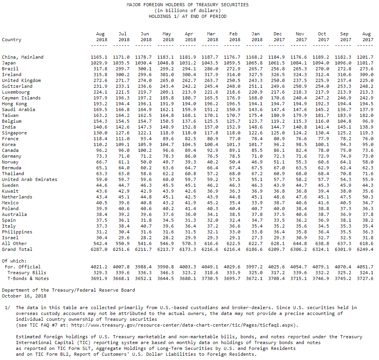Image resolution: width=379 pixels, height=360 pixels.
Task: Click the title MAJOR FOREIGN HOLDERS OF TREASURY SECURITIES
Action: click(x=187, y=5)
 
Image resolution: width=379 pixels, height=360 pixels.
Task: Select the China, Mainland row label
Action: click(x=22, y=57)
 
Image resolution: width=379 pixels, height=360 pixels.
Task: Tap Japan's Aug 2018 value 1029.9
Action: click(x=99, y=63)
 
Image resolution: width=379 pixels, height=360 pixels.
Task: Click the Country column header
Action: click(x=12, y=40)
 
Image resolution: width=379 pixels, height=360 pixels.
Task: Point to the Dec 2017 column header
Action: click(x=278, y=37)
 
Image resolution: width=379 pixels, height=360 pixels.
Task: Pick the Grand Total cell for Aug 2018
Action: click(x=99, y=249)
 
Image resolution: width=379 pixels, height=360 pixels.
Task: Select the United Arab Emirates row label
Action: click(x=29, y=179)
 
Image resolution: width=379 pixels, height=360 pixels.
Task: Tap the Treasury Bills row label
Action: click(x=24, y=273)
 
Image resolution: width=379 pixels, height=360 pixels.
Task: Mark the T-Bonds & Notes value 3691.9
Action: click(x=99, y=278)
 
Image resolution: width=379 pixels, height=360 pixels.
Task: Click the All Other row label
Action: click(x=14, y=243)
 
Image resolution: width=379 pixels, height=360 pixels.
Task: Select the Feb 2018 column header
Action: click(x=234, y=37)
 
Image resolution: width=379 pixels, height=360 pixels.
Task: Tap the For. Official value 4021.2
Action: click(x=99, y=267)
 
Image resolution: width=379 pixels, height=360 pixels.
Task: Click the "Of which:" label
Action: click(x=14, y=261)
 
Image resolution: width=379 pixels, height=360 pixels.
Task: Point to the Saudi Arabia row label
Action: click(x=18, y=110)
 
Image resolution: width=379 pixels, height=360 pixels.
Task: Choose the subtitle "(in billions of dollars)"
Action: click(x=187, y=10)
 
